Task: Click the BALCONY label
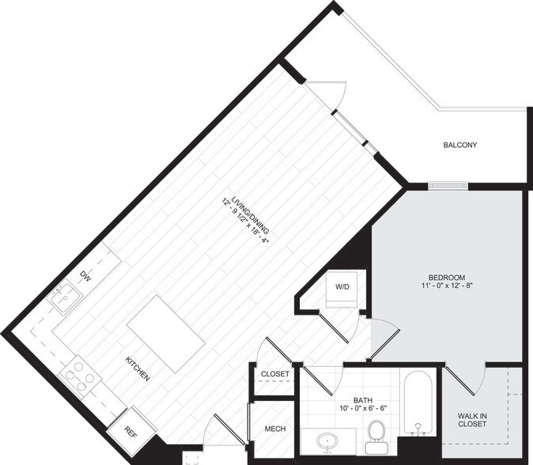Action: click(459, 145)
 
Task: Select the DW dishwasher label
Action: click(85, 276)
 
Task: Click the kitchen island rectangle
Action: click(166, 331)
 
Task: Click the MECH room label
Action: click(275, 429)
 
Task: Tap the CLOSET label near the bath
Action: click(274, 374)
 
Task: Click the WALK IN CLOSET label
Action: click(472, 419)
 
